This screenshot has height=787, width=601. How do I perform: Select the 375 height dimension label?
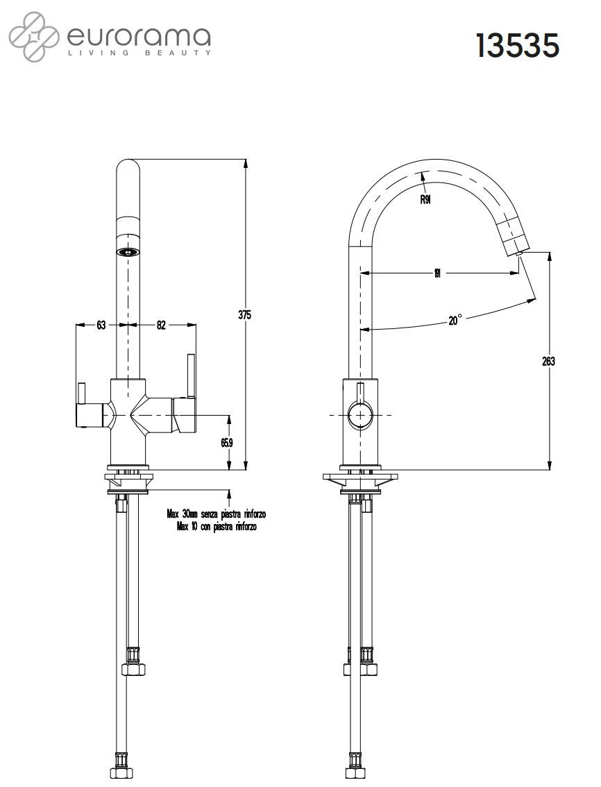click(244, 314)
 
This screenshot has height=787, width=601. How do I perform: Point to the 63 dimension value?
click(101, 325)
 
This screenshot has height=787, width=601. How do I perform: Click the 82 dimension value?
click(161, 325)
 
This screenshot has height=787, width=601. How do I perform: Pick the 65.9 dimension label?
click(227, 442)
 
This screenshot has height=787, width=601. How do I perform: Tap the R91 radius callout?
click(426, 200)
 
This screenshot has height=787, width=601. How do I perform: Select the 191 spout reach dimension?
click(437, 273)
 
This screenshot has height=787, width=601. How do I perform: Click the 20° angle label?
click(455, 320)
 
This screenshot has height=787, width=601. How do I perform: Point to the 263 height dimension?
click(548, 362)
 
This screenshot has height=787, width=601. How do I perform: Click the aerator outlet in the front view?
click(128, 252)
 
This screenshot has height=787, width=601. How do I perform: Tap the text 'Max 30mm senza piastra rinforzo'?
click(217, 514)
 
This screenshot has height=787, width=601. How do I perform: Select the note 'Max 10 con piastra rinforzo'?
click(217, 527)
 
